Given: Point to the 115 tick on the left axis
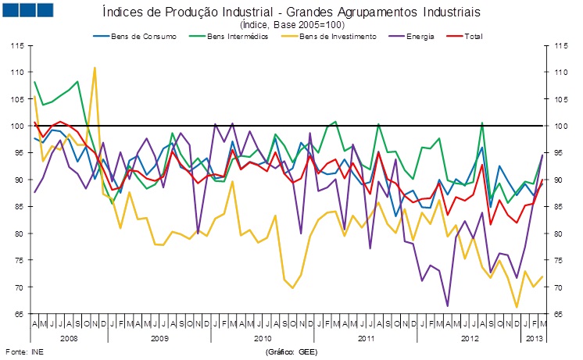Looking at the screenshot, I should [15, 45].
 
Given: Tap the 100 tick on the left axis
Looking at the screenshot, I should [15, 126].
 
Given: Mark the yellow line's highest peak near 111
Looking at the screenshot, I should [95, 68].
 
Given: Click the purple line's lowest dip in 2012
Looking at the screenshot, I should [448, 306].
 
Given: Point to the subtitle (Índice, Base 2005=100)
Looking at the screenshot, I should [291, 25].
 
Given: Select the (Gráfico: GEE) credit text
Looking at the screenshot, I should [291, 352].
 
